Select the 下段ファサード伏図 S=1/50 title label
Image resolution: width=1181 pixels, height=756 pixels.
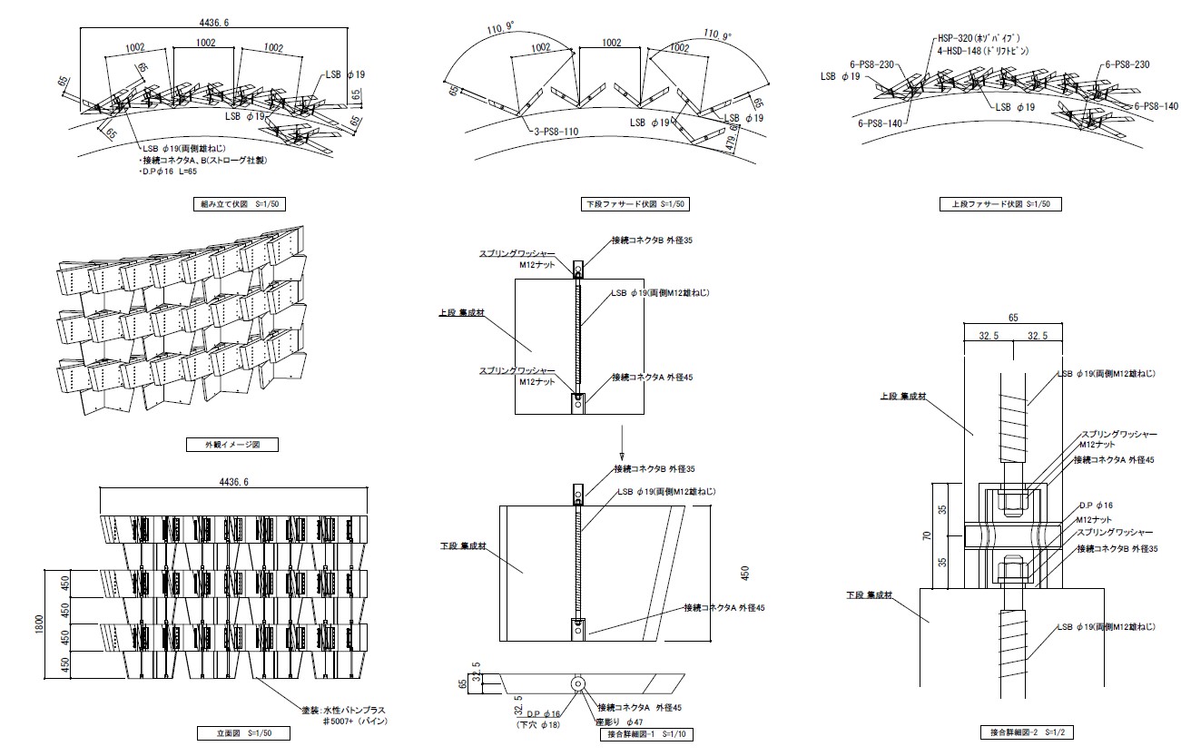635,204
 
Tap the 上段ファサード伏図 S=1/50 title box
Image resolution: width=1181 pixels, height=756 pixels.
999,204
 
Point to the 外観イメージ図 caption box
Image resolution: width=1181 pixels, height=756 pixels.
231,445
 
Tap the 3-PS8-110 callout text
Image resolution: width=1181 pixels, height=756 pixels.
556,133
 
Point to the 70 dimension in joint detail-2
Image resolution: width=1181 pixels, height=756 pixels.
927,535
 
